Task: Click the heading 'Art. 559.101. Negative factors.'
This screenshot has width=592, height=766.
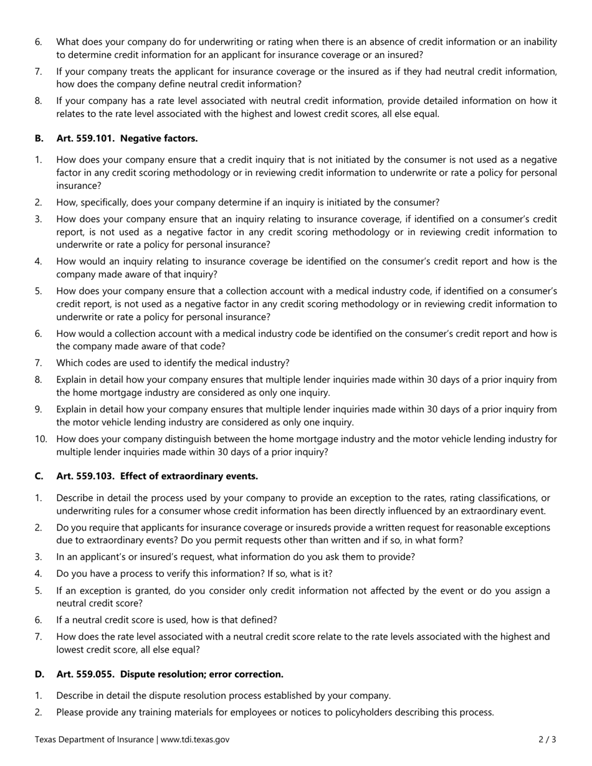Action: click(127, 138)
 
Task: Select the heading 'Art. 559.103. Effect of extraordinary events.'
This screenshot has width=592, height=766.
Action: click(157, 476)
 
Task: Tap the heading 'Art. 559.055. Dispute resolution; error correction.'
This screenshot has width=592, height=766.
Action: click(169, 674)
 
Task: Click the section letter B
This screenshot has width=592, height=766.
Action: click(39, 138)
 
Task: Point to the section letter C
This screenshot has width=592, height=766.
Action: click(39, 476)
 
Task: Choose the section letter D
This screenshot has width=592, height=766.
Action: click(39, 674)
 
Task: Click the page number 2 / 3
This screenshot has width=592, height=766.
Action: click(547, 740)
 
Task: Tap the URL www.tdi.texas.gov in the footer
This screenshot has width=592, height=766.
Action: click(195, 740)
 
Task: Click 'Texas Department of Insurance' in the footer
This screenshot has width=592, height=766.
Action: click(94, 740)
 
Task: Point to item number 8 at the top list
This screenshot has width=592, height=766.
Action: click(39, 101)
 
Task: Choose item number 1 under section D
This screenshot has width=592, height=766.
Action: click(39, 696)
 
